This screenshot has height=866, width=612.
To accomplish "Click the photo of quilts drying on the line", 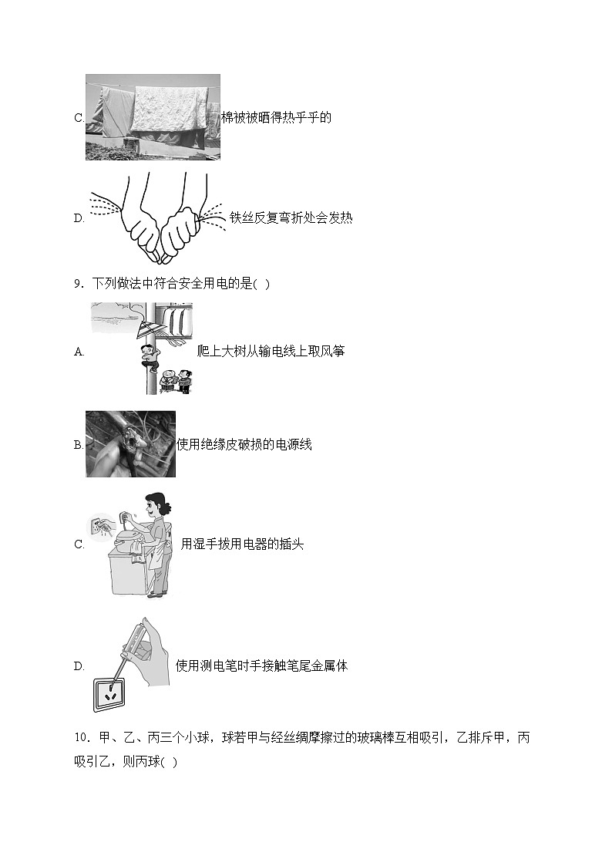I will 153,117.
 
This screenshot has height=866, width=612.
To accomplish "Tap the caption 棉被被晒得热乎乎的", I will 276,118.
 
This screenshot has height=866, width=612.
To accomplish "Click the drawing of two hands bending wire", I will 159,217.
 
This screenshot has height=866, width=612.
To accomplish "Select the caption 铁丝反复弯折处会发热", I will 291,217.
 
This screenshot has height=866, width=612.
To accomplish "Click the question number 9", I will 78,284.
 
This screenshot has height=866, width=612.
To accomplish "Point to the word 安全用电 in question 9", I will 202,284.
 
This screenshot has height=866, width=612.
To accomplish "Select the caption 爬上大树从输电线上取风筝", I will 271,352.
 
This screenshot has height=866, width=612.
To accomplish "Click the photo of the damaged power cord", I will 130,444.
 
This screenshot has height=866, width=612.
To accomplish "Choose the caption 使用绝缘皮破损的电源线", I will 244,444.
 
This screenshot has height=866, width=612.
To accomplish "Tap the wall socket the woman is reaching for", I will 101,527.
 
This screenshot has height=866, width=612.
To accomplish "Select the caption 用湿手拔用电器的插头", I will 242,544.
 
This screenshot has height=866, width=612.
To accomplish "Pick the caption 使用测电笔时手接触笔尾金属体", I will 262,666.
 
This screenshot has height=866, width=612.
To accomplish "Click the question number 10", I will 82,738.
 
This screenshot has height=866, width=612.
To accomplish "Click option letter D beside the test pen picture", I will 79,666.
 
